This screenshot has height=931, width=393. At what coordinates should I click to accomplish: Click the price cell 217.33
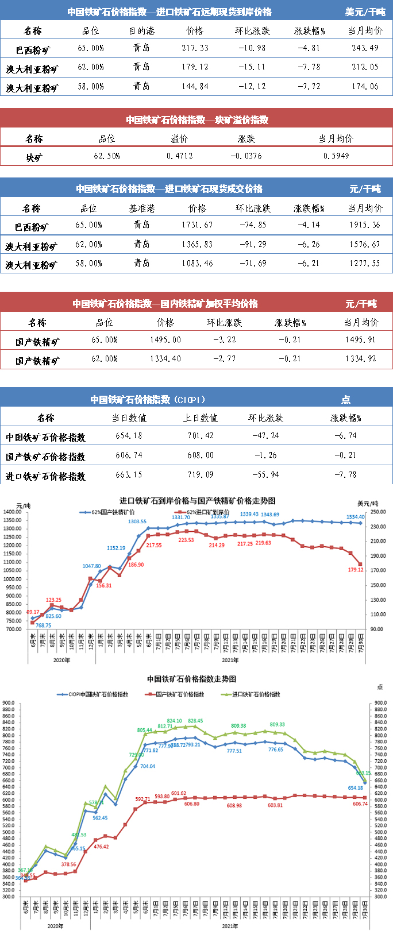point(195,48)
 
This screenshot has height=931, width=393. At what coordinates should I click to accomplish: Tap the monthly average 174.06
point(365,87)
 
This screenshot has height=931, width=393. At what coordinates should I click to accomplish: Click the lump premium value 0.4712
point(180,156)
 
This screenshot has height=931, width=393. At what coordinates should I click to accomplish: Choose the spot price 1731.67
point(197,225)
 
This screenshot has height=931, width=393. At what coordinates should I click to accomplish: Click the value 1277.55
point(365,264)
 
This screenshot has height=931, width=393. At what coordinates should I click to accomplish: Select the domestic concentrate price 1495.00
point(165,340)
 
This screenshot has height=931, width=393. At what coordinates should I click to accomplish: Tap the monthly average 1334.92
point(361,359)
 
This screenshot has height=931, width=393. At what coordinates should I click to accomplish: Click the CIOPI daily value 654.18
point(129,436)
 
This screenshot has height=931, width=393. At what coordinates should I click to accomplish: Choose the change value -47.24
point(265,436)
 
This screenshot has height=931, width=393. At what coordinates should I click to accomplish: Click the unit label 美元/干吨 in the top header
point(365,12)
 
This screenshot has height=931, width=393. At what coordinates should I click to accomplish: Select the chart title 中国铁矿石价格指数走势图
point(191,679)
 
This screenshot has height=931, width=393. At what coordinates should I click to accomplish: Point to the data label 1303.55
point(137,522)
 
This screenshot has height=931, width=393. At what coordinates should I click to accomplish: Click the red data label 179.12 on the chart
point(356,570)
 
